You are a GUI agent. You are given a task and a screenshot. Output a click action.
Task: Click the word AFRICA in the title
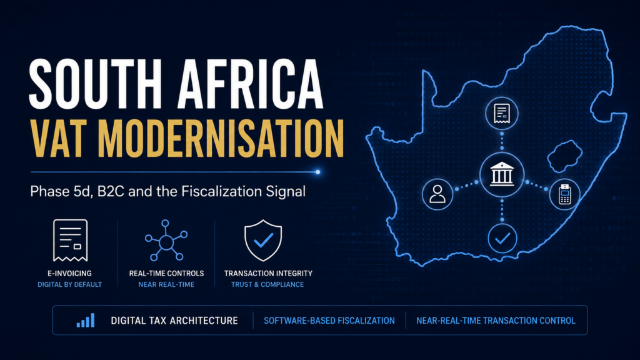tap(251, 84)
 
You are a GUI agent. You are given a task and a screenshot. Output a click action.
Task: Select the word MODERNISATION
tap(221, 138)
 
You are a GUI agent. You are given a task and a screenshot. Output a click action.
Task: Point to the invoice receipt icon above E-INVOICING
tap(70, 241)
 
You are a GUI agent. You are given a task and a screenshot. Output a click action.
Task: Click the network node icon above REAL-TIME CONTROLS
tap(166, 241)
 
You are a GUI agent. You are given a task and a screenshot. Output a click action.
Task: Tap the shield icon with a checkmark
tap(263, 241)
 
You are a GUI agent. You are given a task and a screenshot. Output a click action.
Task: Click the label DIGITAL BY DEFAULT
tap(70, 284)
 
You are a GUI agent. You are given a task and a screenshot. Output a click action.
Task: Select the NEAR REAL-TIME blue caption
tap(166, 284)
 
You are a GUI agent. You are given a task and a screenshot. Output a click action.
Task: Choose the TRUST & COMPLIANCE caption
tap(267, 284)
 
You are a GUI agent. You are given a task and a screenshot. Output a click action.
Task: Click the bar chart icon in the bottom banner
tap(86, 321)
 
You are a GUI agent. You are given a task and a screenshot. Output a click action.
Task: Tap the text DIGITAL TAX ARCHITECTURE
tap(174, 321)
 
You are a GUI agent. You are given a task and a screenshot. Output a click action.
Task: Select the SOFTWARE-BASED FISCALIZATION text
tap(329, 321)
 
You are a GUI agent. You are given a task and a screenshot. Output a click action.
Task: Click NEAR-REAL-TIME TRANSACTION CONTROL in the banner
tap(496, 321)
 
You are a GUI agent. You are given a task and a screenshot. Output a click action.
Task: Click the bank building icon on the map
tap(502, 174)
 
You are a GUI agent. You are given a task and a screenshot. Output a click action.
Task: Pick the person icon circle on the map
tap(437, 194)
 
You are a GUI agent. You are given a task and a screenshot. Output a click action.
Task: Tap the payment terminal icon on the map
tap(565, 194)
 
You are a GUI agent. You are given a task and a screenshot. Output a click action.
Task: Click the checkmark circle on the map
tap(502, 238)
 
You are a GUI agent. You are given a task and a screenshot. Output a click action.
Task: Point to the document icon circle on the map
tap(502, 113)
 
